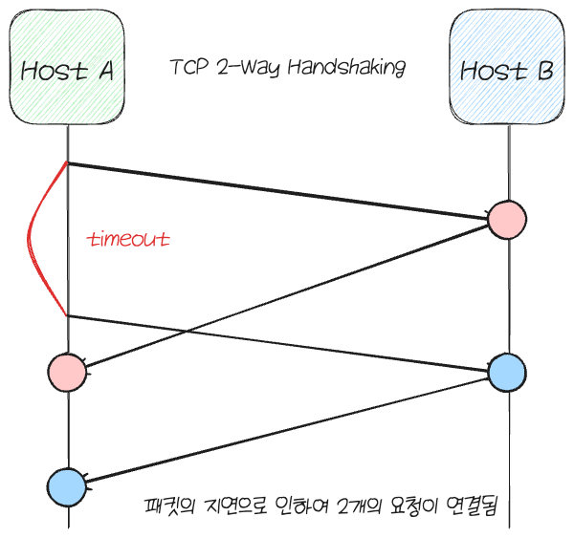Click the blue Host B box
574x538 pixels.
pos(507,67)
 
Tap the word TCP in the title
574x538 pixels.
pos(185,68)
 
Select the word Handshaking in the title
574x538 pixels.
pos(350,68)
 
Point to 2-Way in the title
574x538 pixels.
pos(241,68)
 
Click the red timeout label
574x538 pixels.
pos(128,239)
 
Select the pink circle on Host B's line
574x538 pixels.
pos(507,219)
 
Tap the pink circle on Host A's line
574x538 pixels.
pos(67,372)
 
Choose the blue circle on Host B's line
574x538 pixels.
pos(507,372)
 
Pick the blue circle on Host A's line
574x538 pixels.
pos(67,486)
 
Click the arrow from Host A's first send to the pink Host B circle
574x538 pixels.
pos(277,192)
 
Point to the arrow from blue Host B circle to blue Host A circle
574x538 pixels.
pos(287,429)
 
